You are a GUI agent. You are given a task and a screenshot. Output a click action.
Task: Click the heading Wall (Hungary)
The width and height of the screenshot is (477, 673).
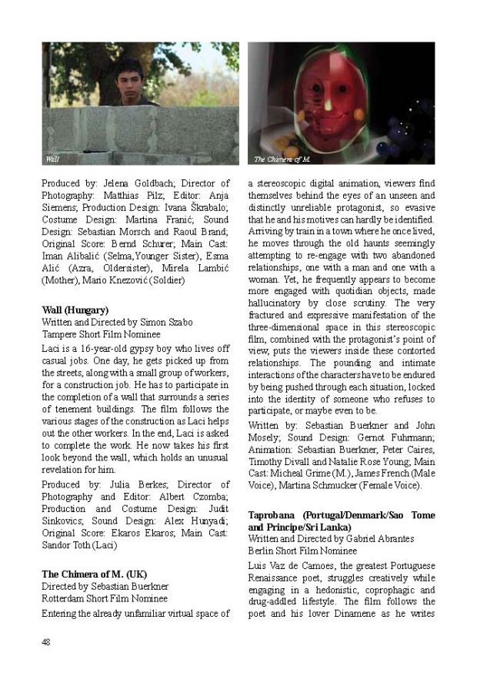(75, 310)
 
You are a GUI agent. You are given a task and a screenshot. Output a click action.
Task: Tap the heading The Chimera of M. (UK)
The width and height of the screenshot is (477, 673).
(94, 574)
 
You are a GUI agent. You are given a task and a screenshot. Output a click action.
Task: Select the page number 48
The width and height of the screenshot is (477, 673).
(46, 641)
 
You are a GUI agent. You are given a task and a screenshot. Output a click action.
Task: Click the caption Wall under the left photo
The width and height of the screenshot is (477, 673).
(52, 159)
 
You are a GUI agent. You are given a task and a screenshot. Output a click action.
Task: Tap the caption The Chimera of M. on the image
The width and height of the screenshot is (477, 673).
(282, 159)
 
